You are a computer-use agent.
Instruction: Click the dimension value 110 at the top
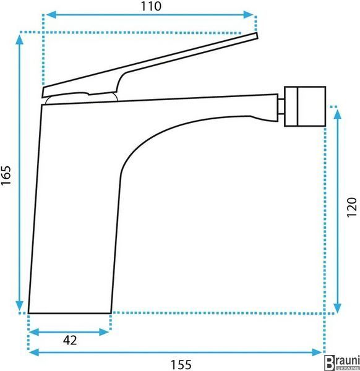pyautogui.click(x=152, y=6)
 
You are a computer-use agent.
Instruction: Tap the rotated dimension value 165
pyautogui.click(x=6, y=176)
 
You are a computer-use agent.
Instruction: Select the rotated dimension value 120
pyautogui.click(x=351, y=207)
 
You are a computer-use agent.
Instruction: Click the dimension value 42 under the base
pyautogui.click(x=70, y=341)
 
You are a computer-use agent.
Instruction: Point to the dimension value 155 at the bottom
pyautogui.click(x=181, y=365)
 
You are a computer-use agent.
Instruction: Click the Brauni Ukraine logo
pyautogui.click(x=342, y=362)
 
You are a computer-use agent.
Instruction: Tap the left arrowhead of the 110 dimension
pyautogui.click(x=51, y=15)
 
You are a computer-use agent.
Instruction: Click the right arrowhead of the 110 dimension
pyautogui.click(x=249, y=15)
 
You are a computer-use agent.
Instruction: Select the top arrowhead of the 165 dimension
pyautogui.click(x=19, y=40)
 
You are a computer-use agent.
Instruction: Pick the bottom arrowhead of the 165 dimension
pyautogui.click(x=19, y=305)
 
